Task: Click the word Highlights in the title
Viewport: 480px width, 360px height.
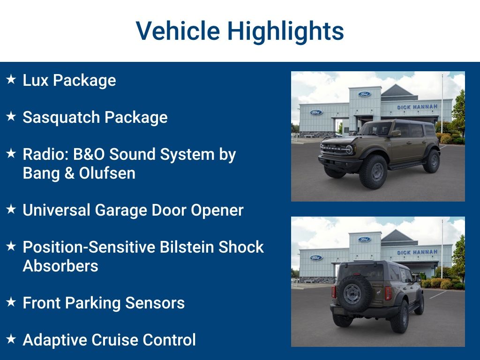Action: click(285, 31)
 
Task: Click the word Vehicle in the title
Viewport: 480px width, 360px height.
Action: click(178, 31)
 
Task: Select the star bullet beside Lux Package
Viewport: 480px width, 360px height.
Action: click(11, 80)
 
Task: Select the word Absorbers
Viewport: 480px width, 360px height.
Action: click(60, 266)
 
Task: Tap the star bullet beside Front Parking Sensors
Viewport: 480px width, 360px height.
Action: click(11, 302)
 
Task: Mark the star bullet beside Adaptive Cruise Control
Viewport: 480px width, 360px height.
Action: click(11, 339)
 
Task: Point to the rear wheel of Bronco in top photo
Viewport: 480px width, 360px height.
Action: click(431, 161)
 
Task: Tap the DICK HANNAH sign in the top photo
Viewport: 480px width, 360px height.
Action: click(417, 107)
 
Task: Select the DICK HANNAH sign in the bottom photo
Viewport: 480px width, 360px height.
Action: click(417, 253)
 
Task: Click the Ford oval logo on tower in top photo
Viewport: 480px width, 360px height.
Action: click(364, 94)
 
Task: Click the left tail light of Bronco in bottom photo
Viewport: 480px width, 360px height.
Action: click(334, 292)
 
